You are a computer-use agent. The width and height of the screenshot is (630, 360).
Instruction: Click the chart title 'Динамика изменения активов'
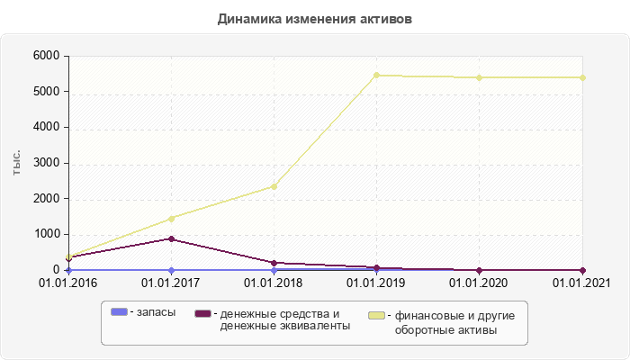315,19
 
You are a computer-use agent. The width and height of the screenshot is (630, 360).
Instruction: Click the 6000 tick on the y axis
47,56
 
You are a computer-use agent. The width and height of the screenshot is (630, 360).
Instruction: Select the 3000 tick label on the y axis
47,163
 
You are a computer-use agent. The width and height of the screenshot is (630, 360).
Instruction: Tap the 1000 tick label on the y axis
47,234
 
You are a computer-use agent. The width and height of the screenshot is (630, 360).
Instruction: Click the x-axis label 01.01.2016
68,283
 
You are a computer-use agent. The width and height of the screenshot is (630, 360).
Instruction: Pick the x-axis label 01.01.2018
274,283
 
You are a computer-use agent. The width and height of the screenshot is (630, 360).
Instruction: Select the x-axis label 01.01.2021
581,283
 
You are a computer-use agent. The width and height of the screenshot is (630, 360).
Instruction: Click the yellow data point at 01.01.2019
376,75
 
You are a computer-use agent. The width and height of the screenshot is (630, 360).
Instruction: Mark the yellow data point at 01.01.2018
274,186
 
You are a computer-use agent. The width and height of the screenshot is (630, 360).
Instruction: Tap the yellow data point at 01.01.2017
171,219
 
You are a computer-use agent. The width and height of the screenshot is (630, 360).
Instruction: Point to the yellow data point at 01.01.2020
479,77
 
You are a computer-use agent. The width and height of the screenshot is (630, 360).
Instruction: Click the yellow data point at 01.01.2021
582,77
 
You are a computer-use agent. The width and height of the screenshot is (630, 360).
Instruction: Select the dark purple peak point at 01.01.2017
171,238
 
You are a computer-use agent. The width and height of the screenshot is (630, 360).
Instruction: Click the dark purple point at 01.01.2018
274,263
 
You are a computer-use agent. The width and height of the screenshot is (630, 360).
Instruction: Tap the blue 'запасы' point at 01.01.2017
171,270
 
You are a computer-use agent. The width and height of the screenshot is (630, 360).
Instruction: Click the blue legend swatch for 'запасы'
119,312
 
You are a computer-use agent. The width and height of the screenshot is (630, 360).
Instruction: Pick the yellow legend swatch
378,316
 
